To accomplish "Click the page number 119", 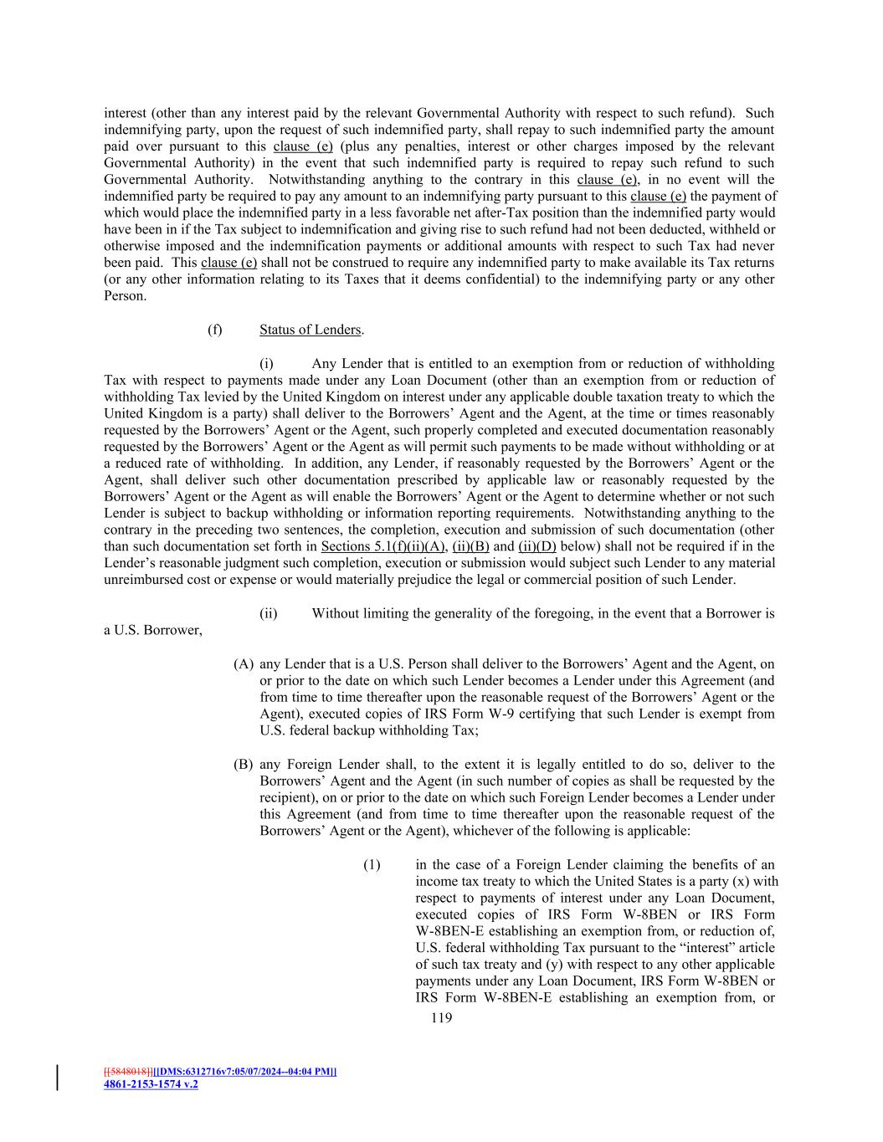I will [440, 1018].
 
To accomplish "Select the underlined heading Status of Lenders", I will [310, 330].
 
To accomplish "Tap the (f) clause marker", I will [215, 330].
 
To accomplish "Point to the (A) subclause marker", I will [244, 664].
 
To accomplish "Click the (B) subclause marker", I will [244, 765].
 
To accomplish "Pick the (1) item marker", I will [372, 865].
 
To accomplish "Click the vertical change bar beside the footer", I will [58, 1078].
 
